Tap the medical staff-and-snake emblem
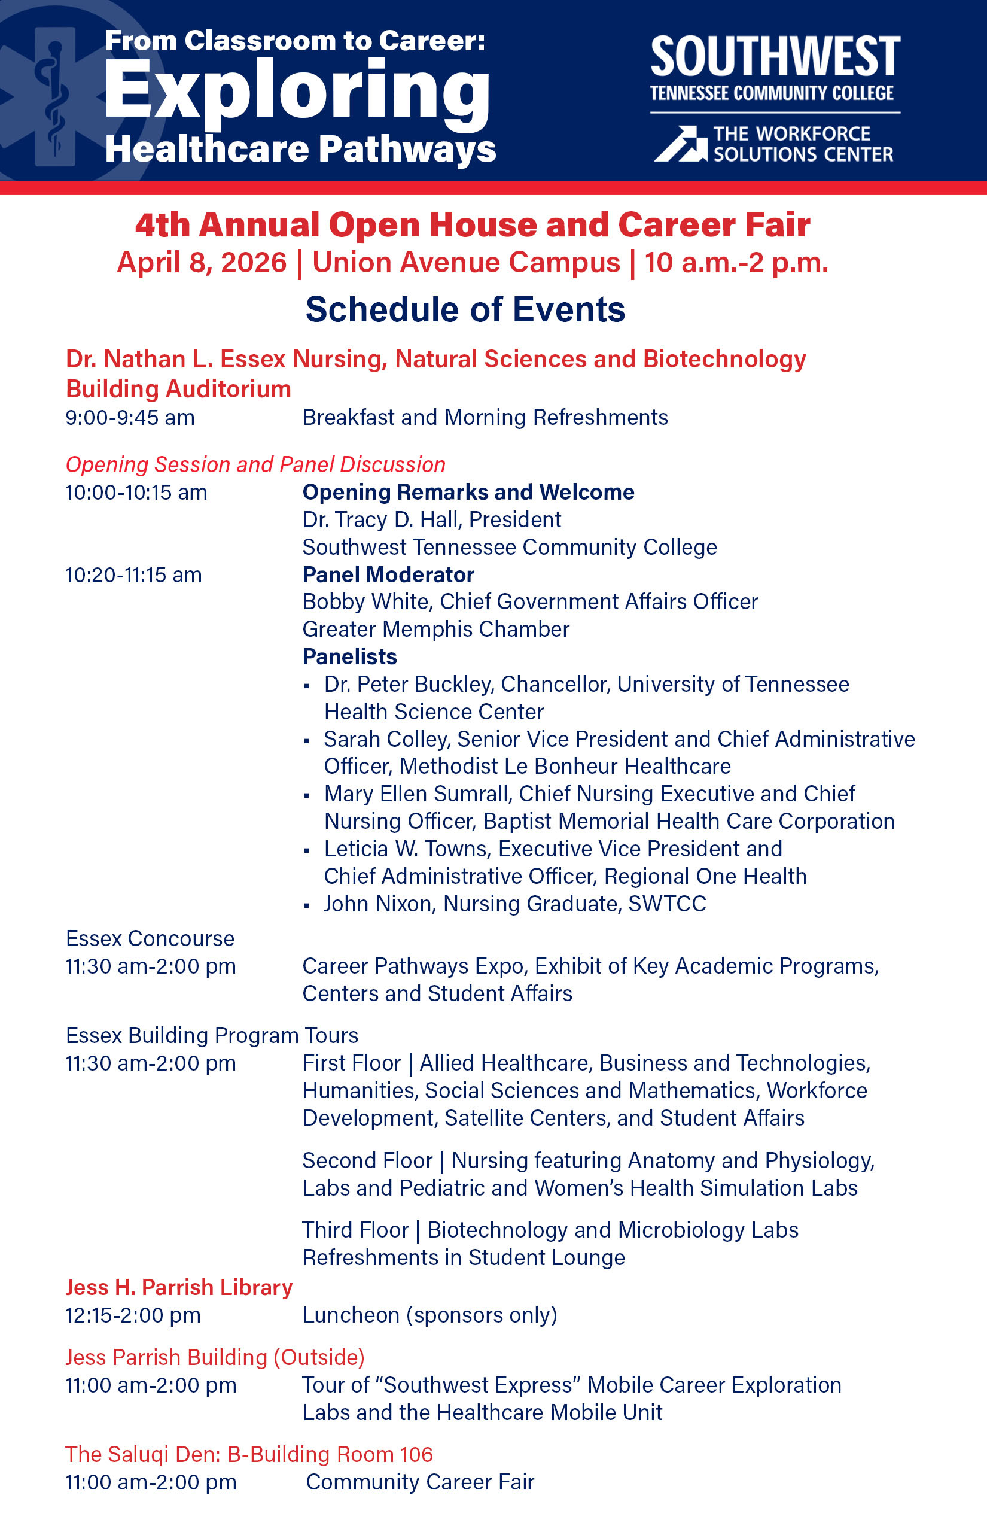(55, 96)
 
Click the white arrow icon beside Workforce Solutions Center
(680, 144)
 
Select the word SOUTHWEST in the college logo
(775, 57)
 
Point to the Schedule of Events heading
(465, 310)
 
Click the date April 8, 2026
(201, 263)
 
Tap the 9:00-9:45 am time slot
(130, 418)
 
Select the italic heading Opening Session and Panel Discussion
(255, 464)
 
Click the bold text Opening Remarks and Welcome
(468, 492)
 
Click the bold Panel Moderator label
(388, 574)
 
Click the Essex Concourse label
(150, 939)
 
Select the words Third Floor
(355, 1230)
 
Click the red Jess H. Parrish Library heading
(179, 1287)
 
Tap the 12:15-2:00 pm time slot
(133, 1315)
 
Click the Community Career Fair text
(420, 1482)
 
